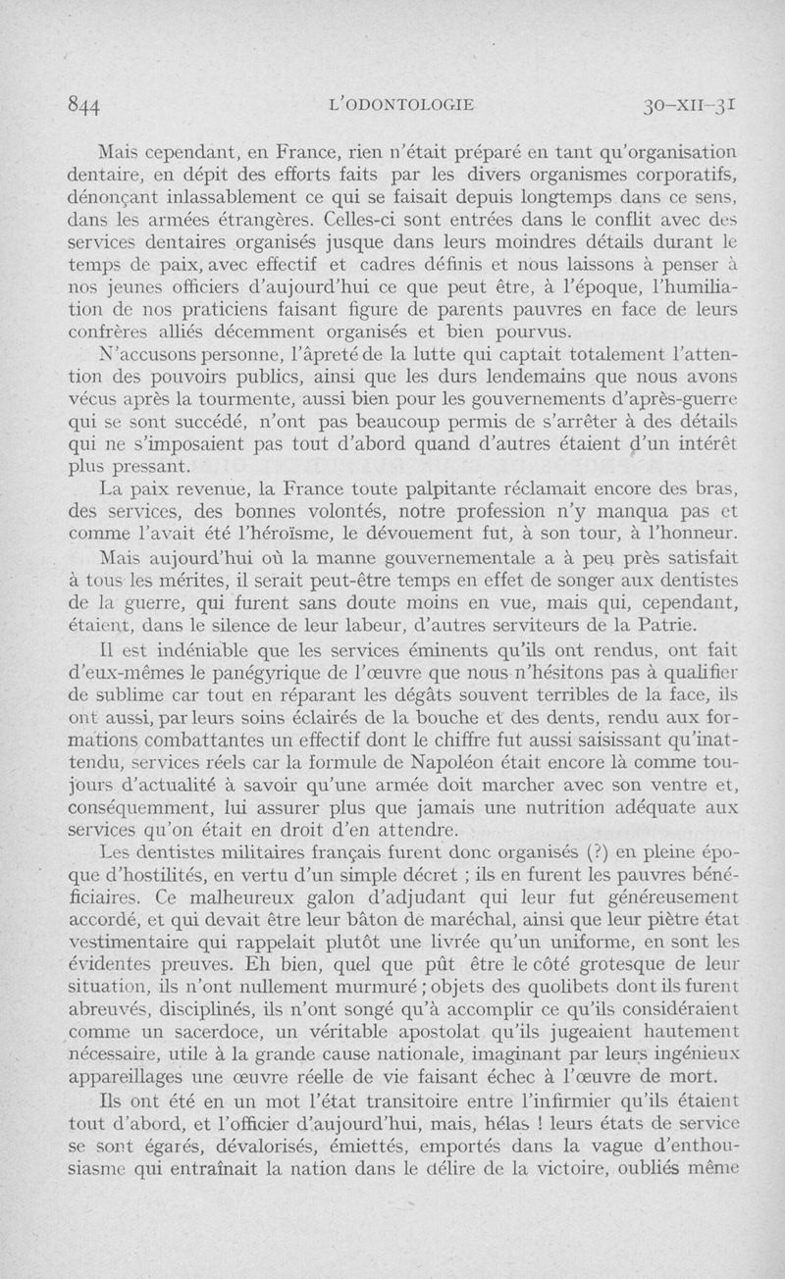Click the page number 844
click(87, 104)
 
